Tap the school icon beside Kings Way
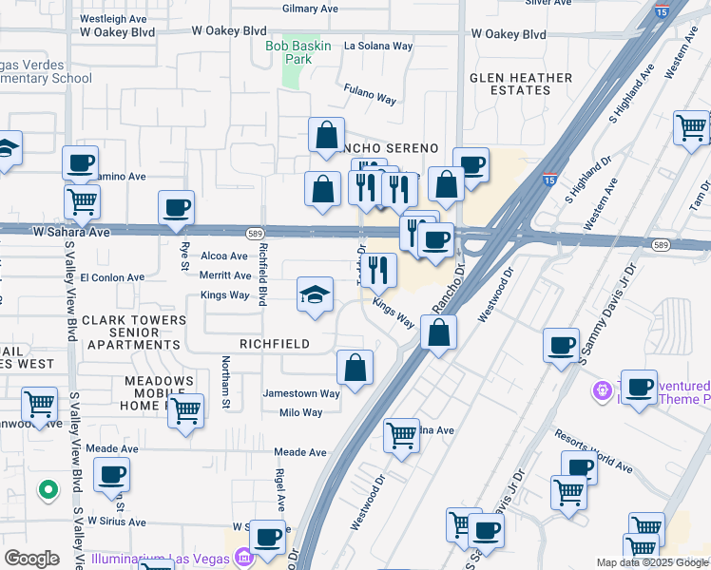[x=315, y=294]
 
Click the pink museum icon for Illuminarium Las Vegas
[x=243, y=556]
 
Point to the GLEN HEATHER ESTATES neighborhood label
[x=522, y=84]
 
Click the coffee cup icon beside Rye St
[x=176, y=208]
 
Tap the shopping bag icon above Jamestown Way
[x=355, y=368]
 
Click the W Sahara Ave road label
[x=72, y=231]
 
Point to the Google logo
[x=31, y=559]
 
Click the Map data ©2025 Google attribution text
[x=652, y=562]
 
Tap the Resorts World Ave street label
[x=594, y=450]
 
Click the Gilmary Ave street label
[x=310, y=9]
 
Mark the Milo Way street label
[x=300, y=412]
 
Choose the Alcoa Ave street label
[x=224, y=256]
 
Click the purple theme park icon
[x=601, y=390]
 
